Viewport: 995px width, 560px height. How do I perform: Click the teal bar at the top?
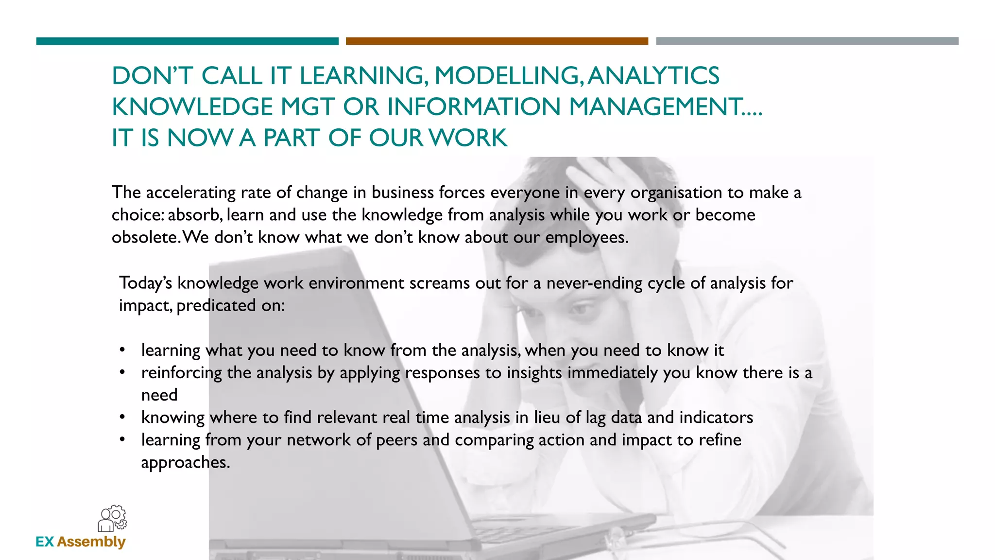pyautogui.click(x=187, y=41)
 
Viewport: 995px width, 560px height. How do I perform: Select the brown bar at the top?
pyautogui.click(x=497, y=41)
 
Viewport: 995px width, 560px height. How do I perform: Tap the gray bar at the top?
pyautogui.click(x=807, y=41)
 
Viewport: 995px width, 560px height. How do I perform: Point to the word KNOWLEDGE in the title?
pyautogui.click(x=192, y=107)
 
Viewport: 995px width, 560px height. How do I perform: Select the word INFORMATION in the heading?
pyautogui.click(x=474, y=107)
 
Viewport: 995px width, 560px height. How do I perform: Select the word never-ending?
pyautogui.click(x=594, y=283)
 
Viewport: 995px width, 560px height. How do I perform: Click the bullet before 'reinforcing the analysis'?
pyautogui.click(x=123, y=372)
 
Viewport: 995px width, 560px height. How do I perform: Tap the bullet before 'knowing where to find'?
pyautogui.click(x=123, y=417)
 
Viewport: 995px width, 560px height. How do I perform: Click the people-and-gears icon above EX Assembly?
pyautogui.click(x=112, y=518)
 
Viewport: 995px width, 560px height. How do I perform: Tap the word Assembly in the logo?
pyautogui.click(x=91, y=542)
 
